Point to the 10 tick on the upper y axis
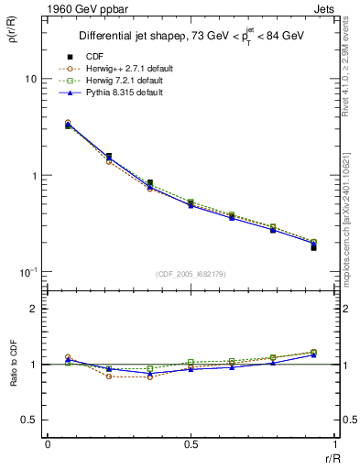click(x=30, y=80)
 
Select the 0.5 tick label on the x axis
click(x=190, y=445)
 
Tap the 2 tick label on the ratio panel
click(x=33, y=309)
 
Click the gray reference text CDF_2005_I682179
click(x=190, y=275)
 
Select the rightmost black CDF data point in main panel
click(x=313, y=248)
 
